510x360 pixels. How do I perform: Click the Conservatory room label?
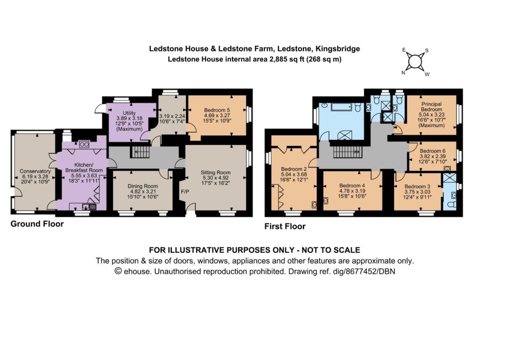point(35,171)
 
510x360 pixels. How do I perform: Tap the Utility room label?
point(129,113)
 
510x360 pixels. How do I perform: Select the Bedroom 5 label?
point(217,110)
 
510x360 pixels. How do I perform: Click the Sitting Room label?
point(216,172)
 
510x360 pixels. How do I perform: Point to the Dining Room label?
point(142,186)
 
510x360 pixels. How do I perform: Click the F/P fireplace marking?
point(185,192)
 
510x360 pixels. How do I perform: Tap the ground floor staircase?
point(140,151)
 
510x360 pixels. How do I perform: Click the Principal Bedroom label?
point(431,107)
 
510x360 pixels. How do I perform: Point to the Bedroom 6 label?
point(433,151)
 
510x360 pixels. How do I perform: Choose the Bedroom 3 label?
point(417,186)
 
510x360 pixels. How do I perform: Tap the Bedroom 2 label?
point(294,169)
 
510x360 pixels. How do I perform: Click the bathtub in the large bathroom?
point(342,107)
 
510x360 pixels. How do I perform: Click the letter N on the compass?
point(403,73)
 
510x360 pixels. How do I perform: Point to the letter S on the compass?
point(427,50)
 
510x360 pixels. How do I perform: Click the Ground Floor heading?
point(37,224)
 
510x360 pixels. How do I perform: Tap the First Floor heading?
point(285,227)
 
